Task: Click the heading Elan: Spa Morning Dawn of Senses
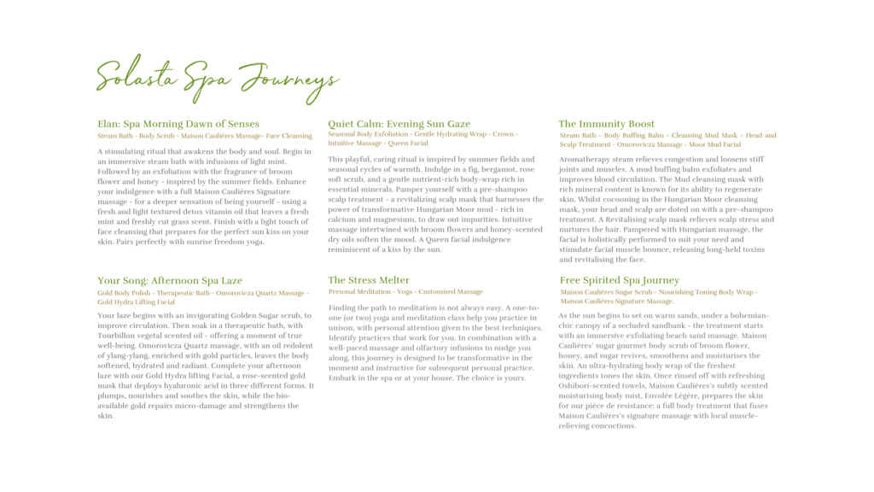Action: (178, 124)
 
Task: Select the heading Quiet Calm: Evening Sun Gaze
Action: (399, 124)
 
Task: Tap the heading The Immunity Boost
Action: (607, 124)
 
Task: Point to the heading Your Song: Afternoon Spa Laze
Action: (170, 280)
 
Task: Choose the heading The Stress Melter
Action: (369, 280)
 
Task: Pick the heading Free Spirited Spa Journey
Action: (620, 280)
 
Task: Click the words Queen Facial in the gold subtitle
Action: (407, 143)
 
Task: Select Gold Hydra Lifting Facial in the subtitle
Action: (136, 302)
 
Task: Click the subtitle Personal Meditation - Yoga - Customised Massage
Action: (405, 292)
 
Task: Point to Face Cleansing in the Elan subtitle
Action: (289, 136)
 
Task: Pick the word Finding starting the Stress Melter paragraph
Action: (343, 307)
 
